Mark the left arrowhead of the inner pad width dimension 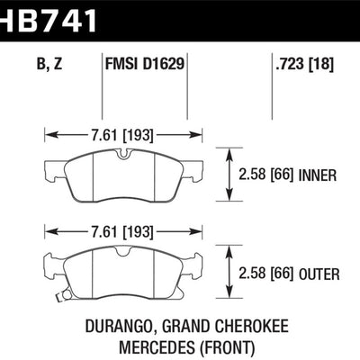pyautogui.click(x=49, y=136)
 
